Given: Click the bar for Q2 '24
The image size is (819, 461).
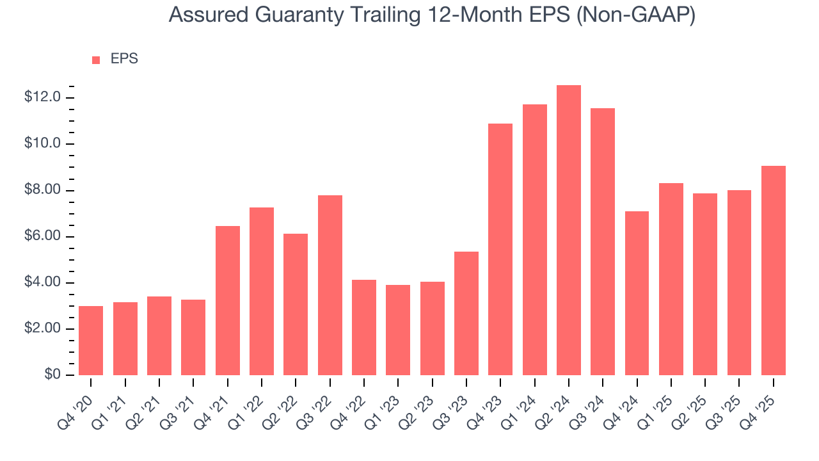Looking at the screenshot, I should pos(569,230).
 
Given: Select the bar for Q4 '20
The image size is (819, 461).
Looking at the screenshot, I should pos(91,341).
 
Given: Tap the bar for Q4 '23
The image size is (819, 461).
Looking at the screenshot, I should pos(500,250).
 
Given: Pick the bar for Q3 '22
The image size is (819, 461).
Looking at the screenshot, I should pos(330,286).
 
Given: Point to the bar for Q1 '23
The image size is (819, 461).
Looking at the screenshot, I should pos(398,330).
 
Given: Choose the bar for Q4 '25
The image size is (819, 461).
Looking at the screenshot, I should pos(774,271).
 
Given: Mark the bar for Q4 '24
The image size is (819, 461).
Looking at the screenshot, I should pos(637,293).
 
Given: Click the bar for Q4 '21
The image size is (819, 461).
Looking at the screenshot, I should pos(228,301).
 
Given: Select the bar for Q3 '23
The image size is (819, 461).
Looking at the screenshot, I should pos(466,314).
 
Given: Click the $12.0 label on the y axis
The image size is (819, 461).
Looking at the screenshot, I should pos(42,97).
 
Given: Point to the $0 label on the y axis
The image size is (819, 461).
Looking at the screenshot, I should pos(52,375).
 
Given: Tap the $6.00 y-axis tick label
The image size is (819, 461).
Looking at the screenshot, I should pos(42,236).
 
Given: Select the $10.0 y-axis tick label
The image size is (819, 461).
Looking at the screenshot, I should pos(42,143).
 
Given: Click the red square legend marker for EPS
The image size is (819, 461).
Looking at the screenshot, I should pos(96,60).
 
